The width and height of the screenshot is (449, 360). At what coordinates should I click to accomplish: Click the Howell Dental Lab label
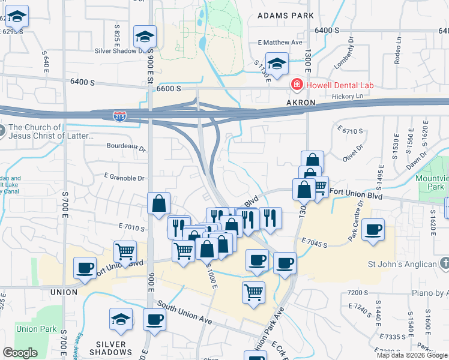click(x=340, y=85)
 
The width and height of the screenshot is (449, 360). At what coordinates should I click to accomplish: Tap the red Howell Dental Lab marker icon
click(x=296, y=85)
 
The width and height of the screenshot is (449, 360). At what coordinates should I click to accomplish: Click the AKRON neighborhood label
click(x=300, y=103)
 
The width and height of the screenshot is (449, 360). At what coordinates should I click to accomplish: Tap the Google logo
click(x=20, y=353)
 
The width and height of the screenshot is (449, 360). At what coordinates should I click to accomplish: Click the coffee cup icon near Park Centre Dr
click(x=373, y=230)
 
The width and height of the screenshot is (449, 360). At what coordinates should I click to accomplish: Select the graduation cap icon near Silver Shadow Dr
click(x=145, y=37)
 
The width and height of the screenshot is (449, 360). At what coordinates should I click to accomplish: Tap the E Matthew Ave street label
click(x=280, y=43)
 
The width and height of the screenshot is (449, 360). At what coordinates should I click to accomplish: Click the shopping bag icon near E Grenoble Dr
click(x=159, y=203)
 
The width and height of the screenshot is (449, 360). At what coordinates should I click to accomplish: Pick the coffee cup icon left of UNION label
click(x=85, y=268)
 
